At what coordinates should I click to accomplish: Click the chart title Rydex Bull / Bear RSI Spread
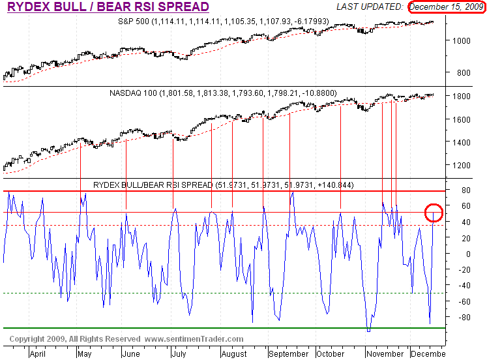(108, 7)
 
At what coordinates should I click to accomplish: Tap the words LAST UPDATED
(369, 7)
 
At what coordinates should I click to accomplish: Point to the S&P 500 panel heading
(224, 22)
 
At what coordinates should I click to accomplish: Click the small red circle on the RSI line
(434, 213)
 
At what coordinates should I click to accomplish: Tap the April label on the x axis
(38, 354)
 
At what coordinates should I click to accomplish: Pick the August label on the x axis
(233, 354)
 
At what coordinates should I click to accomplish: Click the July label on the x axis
(178, 354)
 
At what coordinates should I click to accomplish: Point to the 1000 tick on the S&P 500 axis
(460, 40)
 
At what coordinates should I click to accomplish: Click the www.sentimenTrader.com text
(194, 339)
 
